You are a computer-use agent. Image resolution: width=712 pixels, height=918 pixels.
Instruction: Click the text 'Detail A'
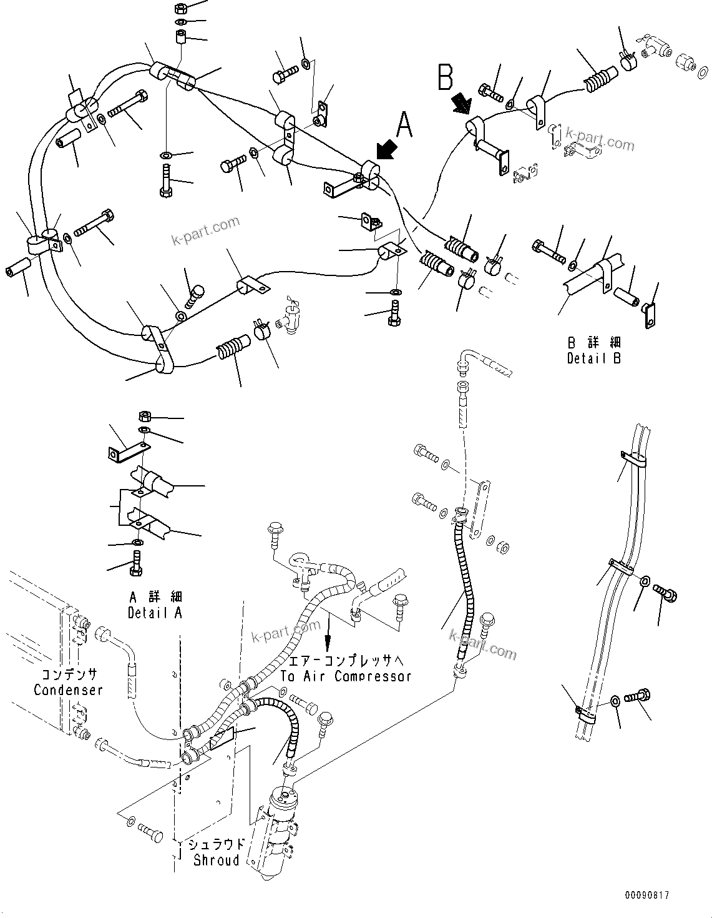(155, 613)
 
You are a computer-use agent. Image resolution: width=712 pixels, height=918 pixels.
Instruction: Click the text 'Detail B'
(593, 358)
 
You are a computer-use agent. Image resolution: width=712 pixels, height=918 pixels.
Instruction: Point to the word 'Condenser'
(68, 690)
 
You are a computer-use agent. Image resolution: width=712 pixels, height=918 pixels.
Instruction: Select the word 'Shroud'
(217, 860)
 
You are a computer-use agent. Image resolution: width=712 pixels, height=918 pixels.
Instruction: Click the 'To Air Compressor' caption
(345, 676)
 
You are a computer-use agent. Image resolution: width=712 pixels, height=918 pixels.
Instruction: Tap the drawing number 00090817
(646, 896)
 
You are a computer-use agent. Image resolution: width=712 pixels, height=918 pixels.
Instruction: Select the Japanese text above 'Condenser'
(68, 675)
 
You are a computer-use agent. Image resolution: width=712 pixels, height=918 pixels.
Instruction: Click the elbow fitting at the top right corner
(655, 46)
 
